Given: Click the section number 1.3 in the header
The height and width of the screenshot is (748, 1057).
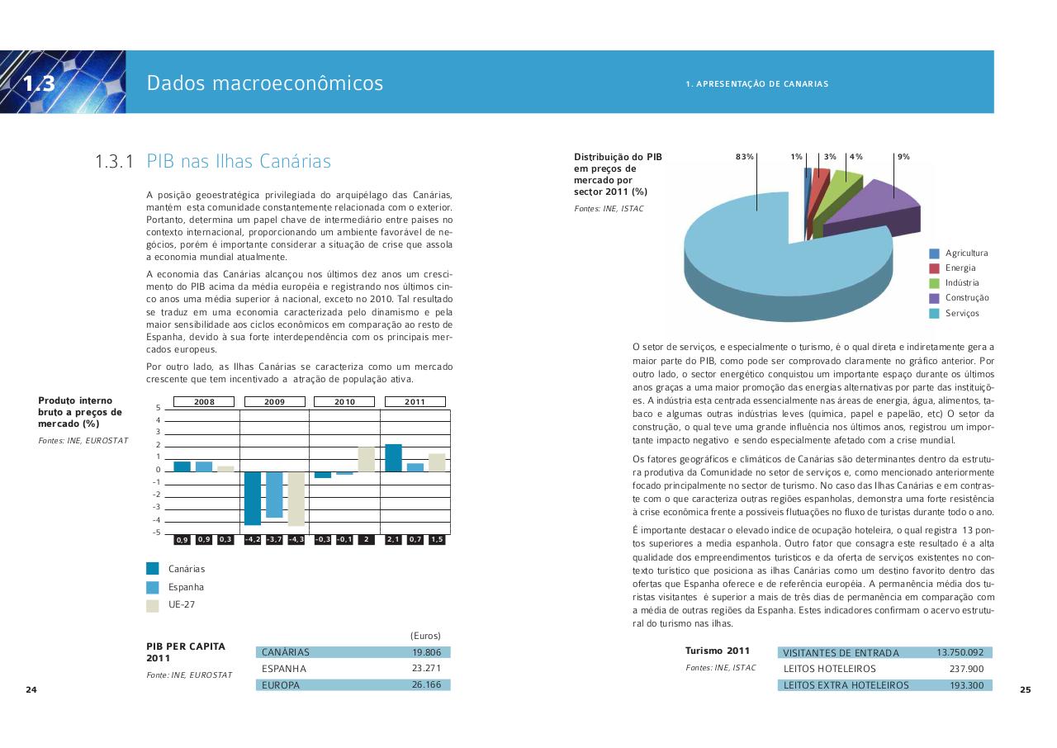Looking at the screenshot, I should pyautogui.click(x=39, y=83).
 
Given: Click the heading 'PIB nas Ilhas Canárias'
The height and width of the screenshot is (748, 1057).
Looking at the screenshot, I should pyautogui.click(x=238, y=161).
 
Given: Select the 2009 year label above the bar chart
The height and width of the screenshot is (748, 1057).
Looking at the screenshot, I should pyautogui.click(x=274, y=402).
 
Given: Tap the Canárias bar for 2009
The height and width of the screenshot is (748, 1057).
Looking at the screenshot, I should pyautogui.click(x=253, y=498).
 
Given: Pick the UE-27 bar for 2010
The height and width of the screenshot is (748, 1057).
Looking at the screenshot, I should pyautogui.click(x=366, y=459).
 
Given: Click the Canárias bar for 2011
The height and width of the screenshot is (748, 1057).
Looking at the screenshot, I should pyautogui.click(x=393, y=457).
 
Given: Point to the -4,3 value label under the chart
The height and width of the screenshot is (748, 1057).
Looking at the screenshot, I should pyautogui.click(x=296, y=540).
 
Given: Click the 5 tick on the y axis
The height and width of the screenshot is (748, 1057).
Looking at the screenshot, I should pyautogui.click(x=158, y=408).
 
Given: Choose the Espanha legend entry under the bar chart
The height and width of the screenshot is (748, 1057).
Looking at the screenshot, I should pyautogui.click(x=186, y=587).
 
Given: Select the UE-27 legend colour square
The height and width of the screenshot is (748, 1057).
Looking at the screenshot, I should pyautogui.click(x=153, y=605).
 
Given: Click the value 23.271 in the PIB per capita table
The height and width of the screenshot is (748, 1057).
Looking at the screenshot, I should pyautogui.click(x=426, y=668).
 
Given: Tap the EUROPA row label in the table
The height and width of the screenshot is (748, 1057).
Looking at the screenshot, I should pyautogui.click(x=281, y=685).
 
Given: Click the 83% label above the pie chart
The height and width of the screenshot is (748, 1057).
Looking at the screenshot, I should pyautogui.click(x=744, y=156).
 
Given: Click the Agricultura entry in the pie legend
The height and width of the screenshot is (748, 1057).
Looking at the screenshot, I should pyautogui.click(x=966, y=253).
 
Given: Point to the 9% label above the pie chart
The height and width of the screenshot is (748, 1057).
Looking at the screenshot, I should pyautogui.click(x=903, y=156).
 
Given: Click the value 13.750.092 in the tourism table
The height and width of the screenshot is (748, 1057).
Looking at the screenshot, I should pyautogui.click(x=960, y=652).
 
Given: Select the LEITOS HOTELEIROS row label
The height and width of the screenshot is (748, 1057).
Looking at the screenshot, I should pyautogui.click(x=829, y=669).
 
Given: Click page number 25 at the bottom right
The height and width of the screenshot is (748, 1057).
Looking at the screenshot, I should pyautogui.click(x=1025, y=690).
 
